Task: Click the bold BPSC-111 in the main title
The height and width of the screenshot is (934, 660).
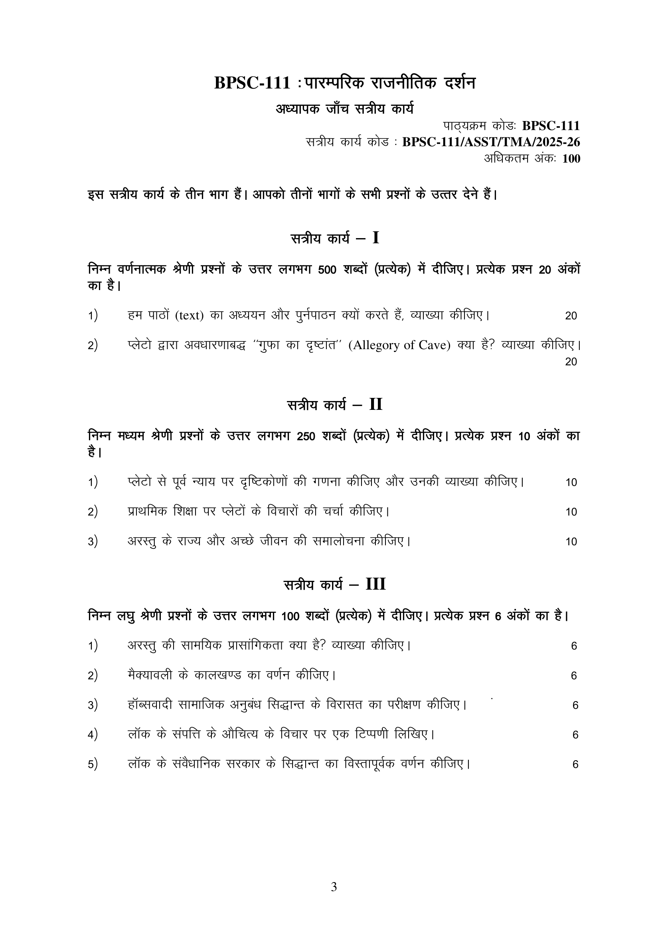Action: click(252, 83)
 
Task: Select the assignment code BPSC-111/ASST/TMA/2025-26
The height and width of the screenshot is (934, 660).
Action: click(491, 142)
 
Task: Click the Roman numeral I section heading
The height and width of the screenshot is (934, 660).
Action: click(375, 238)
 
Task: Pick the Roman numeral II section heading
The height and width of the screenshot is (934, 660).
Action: click(375, 405)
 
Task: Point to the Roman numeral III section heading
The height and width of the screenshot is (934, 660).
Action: click(375, 584)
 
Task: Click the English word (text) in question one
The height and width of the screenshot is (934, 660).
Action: click(189, 315)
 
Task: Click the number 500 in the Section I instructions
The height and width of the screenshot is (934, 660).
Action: click(327, 270)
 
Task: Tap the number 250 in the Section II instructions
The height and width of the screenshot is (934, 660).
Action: click(306, 436)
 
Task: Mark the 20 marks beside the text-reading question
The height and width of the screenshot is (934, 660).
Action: click(571, 316)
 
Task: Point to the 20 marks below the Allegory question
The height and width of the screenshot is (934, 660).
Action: click(571, 362)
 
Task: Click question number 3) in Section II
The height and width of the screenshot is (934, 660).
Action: click(93, 541)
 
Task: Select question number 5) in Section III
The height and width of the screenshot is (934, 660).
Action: click(93, 764)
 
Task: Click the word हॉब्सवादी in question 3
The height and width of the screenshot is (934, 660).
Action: click(150, 705)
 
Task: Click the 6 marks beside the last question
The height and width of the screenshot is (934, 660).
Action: click(575, 764)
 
